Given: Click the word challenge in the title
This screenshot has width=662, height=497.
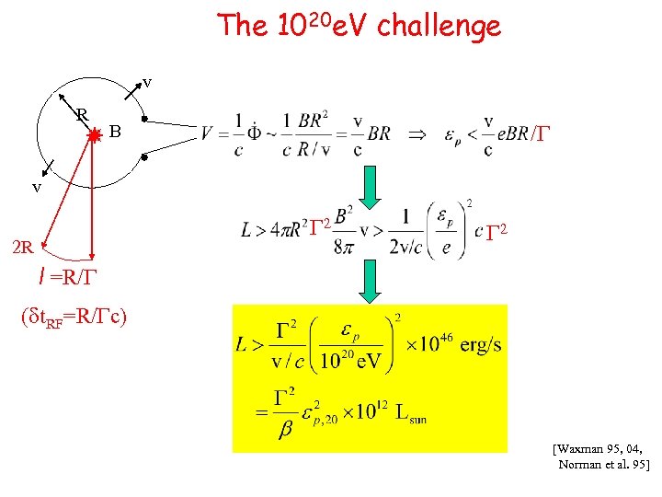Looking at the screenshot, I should point(444,25).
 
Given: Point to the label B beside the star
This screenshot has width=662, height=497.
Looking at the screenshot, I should point(115,132).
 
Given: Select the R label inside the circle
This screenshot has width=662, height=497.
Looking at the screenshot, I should point(81,114).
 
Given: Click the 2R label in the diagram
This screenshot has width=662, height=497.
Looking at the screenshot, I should point(21,246).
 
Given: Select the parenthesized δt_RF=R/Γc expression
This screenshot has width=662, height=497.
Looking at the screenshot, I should point(74,318).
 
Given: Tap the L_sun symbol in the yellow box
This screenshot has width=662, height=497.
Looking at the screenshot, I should point(411,415).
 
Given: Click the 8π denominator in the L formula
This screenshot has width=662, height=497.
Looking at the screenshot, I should point(342,245).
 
